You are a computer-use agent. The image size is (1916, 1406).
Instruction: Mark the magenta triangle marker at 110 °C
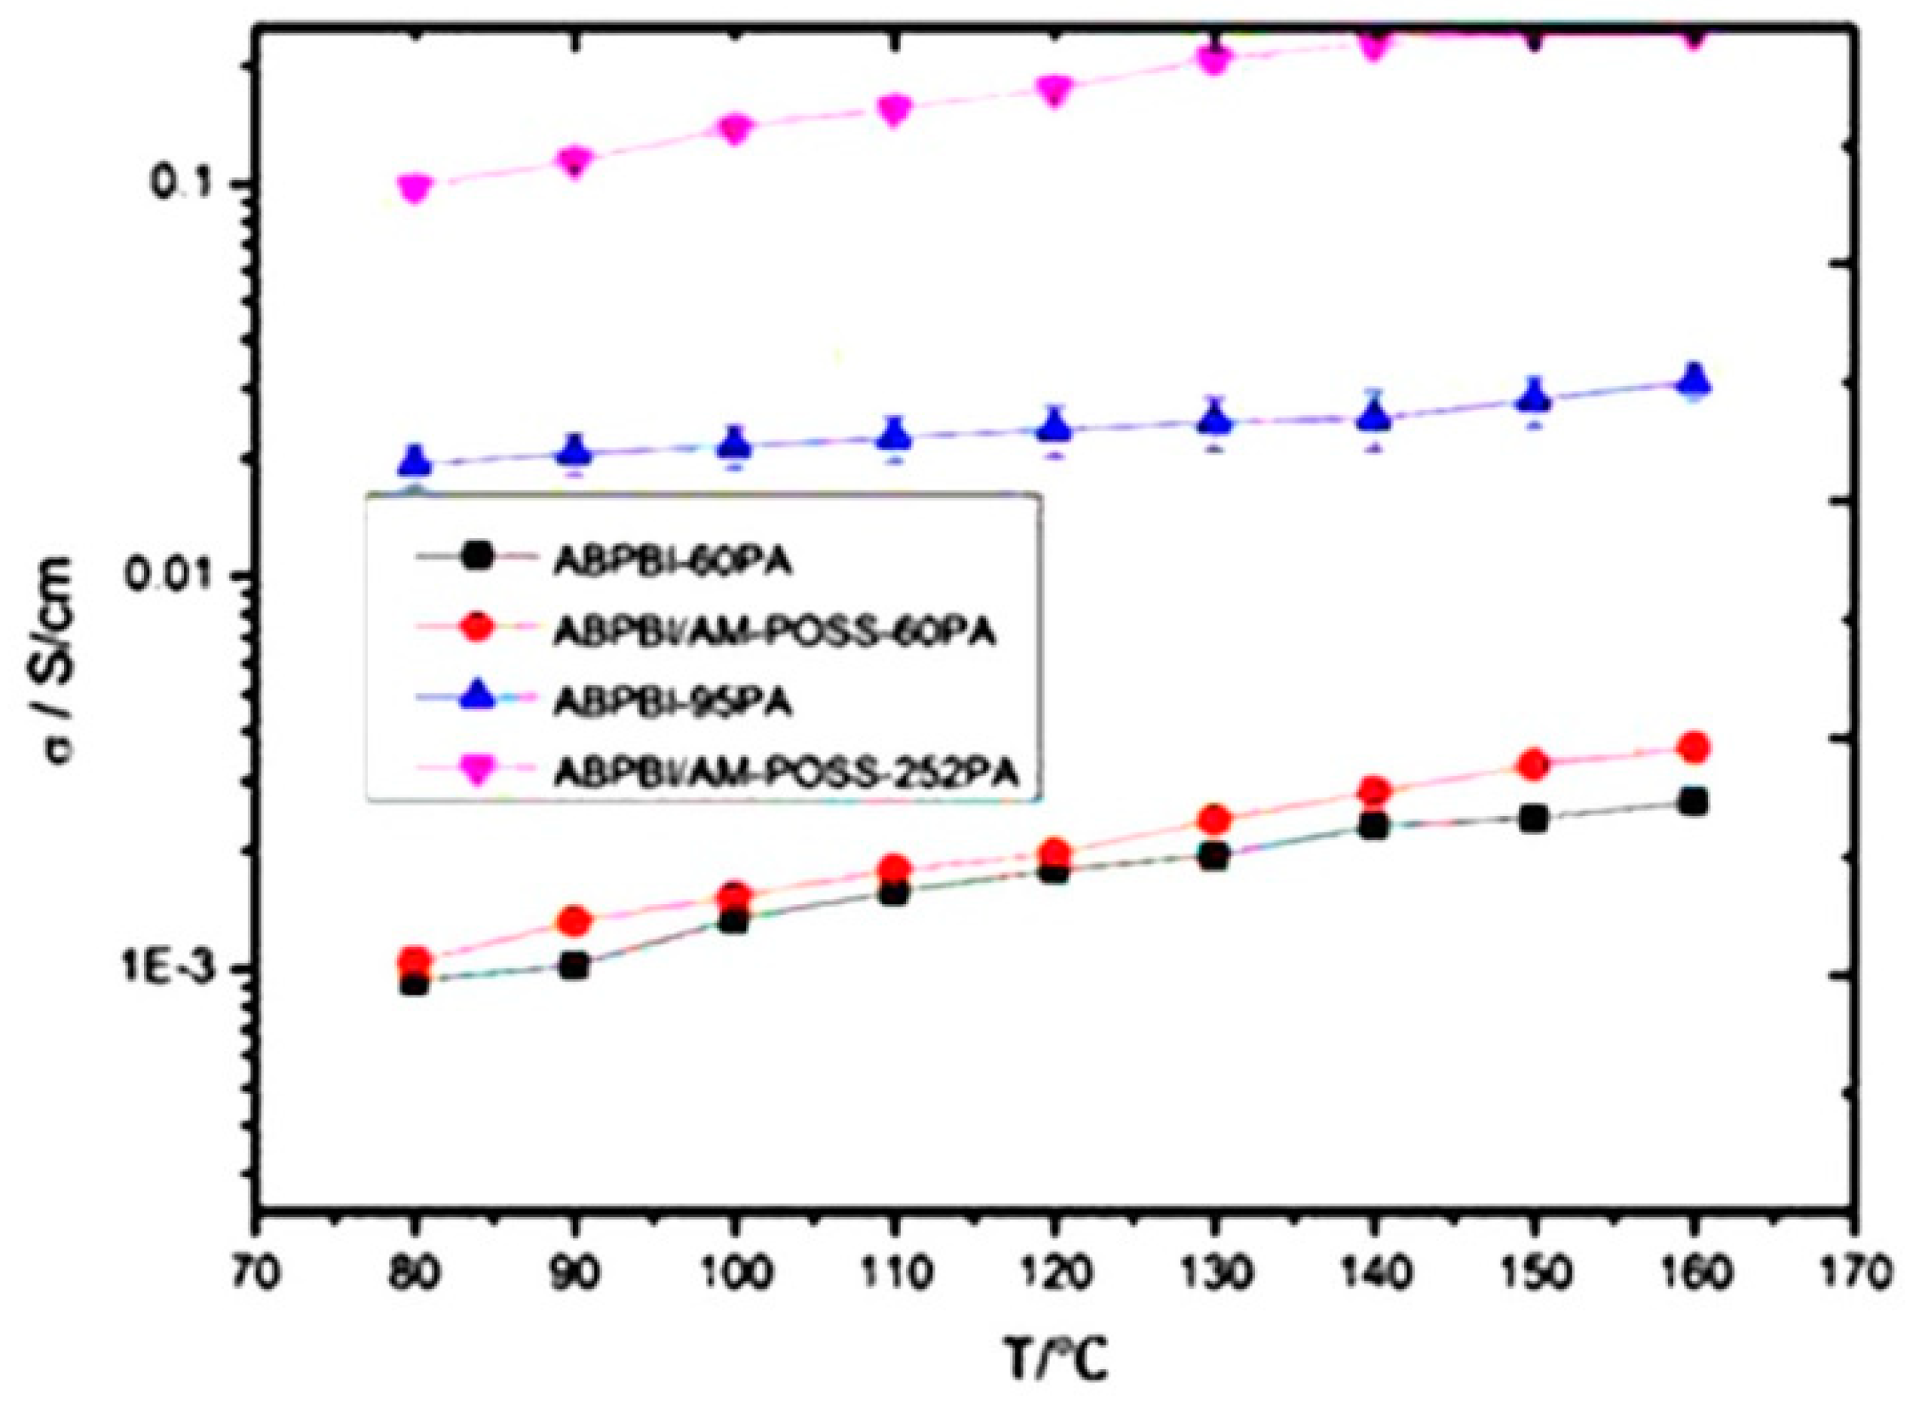895,109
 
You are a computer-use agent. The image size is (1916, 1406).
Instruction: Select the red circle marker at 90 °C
575,920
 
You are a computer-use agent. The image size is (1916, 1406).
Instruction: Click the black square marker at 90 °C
575,966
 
